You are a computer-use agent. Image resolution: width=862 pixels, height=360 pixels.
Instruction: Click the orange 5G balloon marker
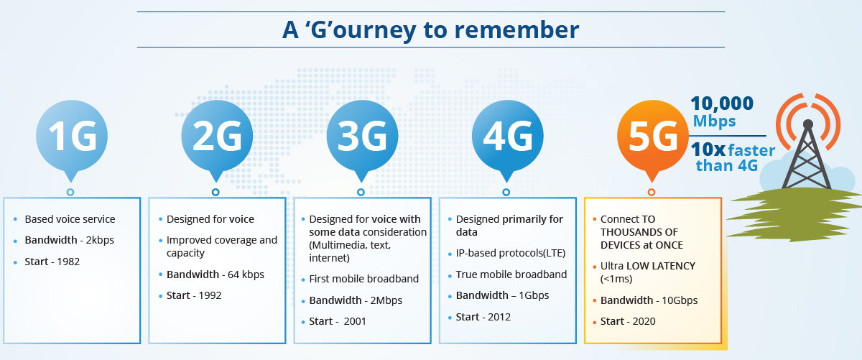click(653, 139)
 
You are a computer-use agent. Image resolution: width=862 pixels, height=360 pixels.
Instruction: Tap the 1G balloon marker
click(72, 139)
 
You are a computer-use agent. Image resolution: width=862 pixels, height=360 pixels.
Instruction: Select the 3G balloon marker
click(362, 139)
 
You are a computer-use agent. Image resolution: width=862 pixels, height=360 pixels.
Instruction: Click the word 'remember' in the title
click(516, 29)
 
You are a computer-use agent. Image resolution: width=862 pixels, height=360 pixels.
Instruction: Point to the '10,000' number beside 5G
click(722, 103)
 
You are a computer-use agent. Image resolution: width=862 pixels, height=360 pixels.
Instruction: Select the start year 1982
click(68, 262)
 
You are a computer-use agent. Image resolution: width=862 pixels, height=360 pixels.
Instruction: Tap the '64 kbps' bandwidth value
click(246, 274)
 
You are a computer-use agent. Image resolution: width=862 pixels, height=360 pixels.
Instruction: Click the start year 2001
click(355, 321)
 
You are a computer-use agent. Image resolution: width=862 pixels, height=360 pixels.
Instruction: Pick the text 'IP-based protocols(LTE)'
click(511, 253)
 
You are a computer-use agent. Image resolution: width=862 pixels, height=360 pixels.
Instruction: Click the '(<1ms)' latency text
click(616, 279)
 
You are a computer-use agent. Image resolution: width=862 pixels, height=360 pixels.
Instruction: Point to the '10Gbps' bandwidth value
click(680, 300)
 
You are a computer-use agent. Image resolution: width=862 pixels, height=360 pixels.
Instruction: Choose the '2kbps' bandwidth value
click(100, 240)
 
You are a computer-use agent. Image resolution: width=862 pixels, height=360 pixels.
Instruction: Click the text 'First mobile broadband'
click(363, 279)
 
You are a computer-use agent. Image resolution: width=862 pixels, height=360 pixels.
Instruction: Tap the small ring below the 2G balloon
click(215, 192)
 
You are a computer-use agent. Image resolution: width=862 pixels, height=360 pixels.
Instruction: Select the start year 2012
click(499, 318)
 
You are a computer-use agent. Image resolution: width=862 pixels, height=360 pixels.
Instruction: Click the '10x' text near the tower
click(708, 149)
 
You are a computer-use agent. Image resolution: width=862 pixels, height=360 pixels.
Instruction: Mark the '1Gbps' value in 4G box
click(534, 296)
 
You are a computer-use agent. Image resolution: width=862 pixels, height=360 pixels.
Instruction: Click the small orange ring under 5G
click(652, 192)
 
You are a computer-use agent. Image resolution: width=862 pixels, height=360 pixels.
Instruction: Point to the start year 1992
click(210, 296)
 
